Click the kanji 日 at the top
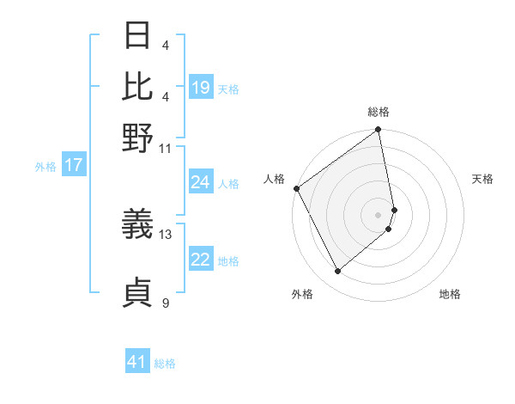click(138, 36)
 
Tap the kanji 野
click(138, 138)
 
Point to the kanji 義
click(138, 225)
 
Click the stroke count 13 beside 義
click(167, 234)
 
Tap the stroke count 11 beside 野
click(167, 148)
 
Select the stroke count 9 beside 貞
click(166, 303)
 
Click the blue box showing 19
click(201, 88)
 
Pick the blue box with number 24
click(201, 182)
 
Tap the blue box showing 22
click(201, 260)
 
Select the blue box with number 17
click(73, 165)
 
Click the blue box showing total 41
click(137, 362)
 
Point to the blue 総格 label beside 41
click(165, 364)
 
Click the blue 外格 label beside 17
click(45, 167)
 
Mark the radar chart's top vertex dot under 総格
click(378, 131)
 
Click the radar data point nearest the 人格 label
click(296, 188)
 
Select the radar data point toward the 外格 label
click(338, 272)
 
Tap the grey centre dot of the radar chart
click(378, 213)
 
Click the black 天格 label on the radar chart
click(482, 179)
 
